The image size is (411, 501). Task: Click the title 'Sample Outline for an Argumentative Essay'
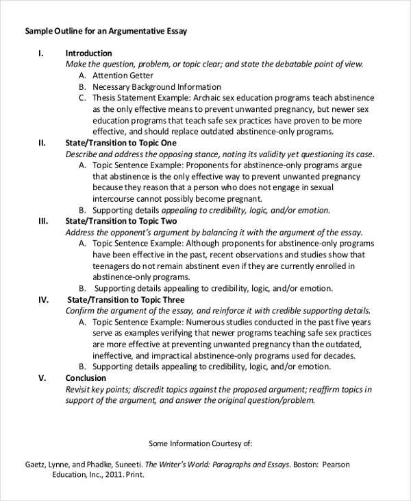(105, 31)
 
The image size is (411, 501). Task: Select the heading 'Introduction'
(88, 53)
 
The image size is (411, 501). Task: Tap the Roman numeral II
(41, 143)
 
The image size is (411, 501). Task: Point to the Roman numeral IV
(42, 300)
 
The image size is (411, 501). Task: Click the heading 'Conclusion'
(86, 378)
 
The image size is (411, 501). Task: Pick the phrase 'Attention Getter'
(123, 75)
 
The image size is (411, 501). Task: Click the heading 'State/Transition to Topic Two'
(121, 222)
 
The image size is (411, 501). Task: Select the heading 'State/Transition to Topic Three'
(126, 300)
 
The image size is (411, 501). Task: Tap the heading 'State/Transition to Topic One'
(121, 143)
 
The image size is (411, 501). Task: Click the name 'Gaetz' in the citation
(38, 465)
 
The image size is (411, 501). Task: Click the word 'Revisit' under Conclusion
(79, 389)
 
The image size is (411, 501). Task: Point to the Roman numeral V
(42, 378)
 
